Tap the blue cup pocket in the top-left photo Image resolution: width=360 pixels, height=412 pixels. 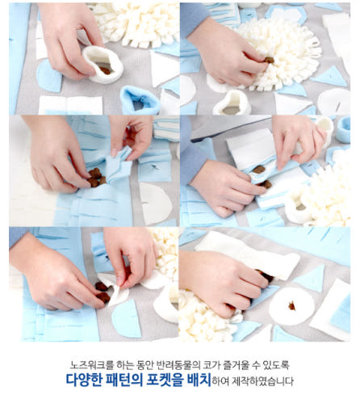click(139, 100)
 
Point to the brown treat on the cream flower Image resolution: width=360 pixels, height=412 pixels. click(268, 59)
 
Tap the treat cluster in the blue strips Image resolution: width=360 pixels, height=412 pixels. click(96, 177)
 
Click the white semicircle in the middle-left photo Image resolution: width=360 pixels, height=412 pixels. click(154, 202)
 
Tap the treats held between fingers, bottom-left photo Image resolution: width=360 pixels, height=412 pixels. click(103, 292)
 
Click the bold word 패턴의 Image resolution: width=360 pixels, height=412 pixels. click(134, 380)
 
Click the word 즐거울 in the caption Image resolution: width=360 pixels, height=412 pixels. click(245, 364)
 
